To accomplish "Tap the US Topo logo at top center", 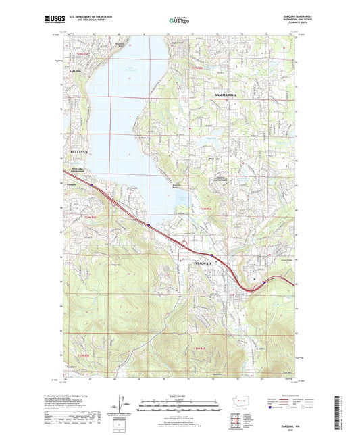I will tap(179, 21).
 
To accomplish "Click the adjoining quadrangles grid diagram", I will tap(238, 419).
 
